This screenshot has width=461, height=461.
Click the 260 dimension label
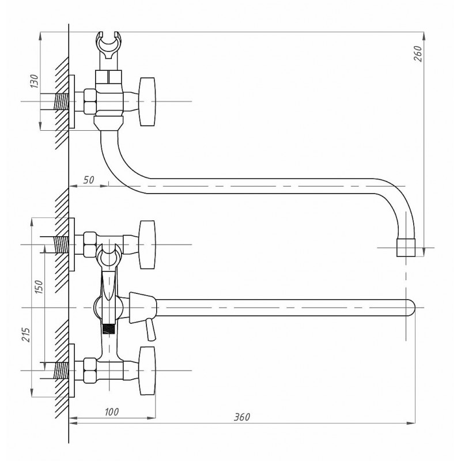pos(418,54)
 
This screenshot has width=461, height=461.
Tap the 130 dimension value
pos(34,81)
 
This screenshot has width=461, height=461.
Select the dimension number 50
pos(88,180)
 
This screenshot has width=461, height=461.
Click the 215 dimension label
pos(26,335)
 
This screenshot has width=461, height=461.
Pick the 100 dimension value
pos(112,412)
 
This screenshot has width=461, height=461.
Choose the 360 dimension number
pos(241,417)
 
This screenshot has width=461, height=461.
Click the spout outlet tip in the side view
pos(406,248)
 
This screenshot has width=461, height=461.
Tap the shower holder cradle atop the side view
pos(109,44)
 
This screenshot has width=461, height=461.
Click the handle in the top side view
pos(147,102)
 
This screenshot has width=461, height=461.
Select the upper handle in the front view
pos(147,244)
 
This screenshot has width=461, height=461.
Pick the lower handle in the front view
pos(147,371)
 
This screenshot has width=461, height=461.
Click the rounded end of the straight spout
pos(411,308)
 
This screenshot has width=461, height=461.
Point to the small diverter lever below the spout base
pos(150,330)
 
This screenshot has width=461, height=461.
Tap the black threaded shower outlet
pos(108,328)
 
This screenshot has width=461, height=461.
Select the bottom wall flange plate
pos(71,371)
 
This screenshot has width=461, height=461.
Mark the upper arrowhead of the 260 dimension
pos(424,36)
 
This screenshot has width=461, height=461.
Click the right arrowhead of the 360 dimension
pos(411,424)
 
